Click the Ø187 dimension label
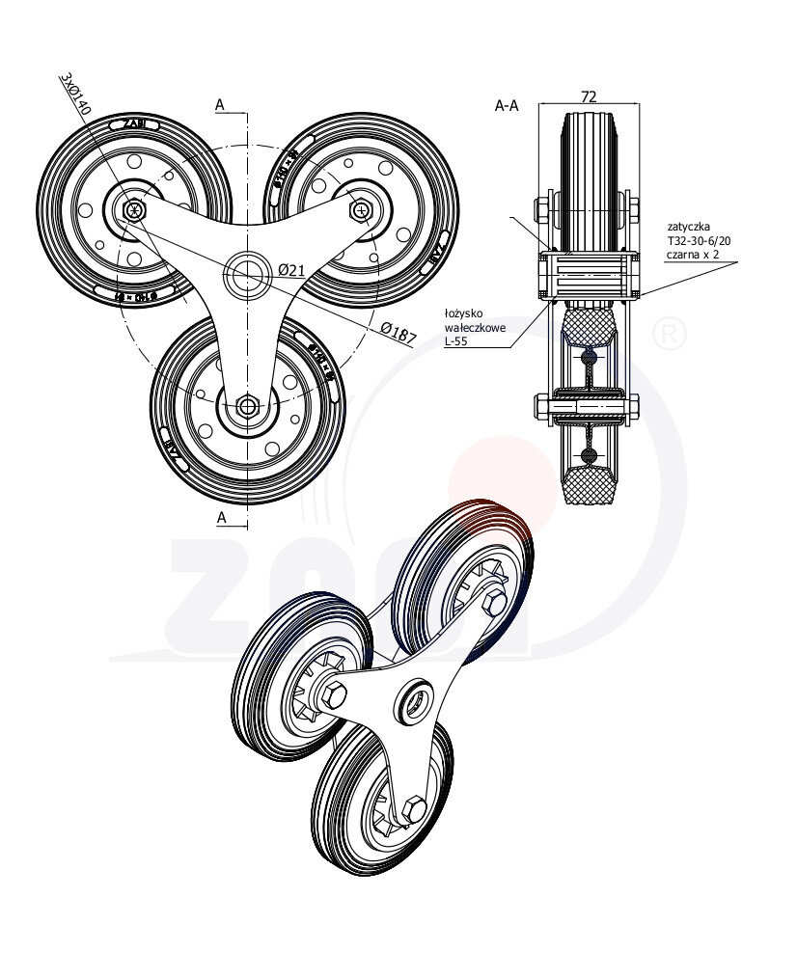click(x=398, y=334)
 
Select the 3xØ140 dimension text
click(x=74, y=94)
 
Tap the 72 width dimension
click(x=588, y=96)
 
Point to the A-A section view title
click(x=507, y=106)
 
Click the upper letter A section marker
click(x=221, y=104)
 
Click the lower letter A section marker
click(x=221, y=518)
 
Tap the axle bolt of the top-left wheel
click(x=133, y=208)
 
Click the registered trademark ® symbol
click(x=670, y=335)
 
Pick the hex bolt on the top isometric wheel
click(x=496, y=605)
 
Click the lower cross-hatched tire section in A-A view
click(x=590, y=486)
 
